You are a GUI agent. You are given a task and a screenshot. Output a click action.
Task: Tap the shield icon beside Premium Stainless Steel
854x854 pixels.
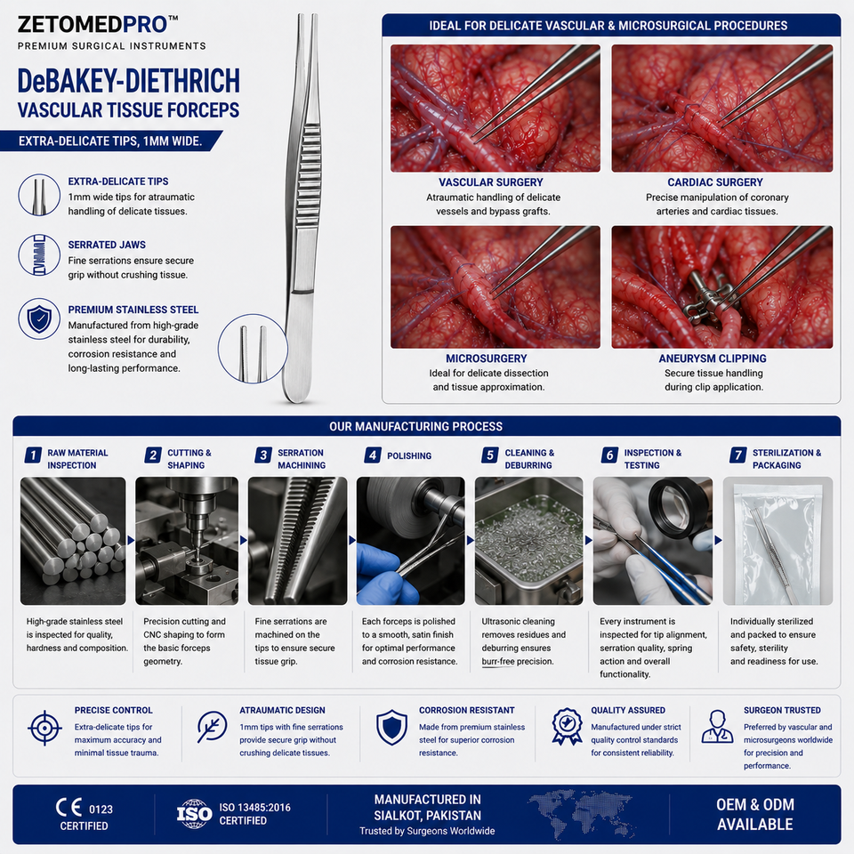(x=39, y=318)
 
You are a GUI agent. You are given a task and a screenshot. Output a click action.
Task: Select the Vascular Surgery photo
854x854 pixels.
(x=495, y=109)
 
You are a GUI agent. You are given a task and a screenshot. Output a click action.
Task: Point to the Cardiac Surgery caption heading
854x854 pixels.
(x=715, y=182)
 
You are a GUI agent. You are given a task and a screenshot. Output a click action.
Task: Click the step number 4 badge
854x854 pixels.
(x=373, y=455)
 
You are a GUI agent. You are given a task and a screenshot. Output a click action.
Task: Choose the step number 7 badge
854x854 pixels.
(x=738, y=455)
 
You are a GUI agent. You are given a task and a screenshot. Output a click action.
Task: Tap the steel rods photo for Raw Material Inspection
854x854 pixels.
(x=73, y=541)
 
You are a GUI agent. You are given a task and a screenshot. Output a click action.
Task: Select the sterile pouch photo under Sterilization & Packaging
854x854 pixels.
(x=777, y=541)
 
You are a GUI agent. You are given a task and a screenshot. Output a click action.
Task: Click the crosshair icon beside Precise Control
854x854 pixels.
(x=44, y=728)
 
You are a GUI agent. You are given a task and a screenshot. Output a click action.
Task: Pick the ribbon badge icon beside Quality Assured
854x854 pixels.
(x=567, y=726)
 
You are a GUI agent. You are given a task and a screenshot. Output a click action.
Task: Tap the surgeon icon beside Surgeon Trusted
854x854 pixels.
(x=717, y=727)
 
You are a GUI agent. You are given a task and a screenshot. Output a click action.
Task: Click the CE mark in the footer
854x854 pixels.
(x=69, y=808)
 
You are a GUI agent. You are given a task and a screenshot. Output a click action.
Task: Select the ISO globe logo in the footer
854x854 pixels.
(x=195, y=814)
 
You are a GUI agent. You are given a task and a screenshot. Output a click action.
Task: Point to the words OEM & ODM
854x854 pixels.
(x=755, y=804)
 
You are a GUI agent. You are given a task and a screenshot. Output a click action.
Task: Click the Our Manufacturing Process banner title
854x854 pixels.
(x=415, y=426)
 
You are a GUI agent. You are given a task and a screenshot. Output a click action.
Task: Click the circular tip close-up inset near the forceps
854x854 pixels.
(x=253, y=349)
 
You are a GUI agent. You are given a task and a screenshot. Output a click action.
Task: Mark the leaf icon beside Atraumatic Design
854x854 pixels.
(x=212, y=727)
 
